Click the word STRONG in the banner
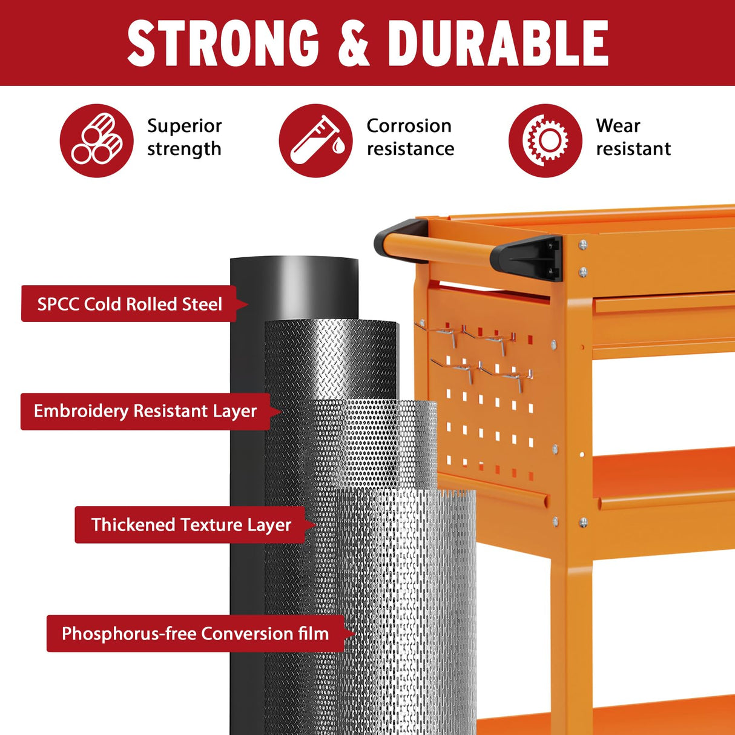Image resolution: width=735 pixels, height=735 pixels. (x=223, y=43)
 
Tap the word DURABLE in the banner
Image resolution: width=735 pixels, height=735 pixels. (x=498, y=43)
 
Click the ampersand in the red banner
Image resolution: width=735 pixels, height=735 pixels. (x=353, y=43)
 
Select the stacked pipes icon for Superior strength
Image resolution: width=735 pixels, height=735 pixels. (x=97, y=140)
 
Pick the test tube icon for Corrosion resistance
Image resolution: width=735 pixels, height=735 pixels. (x=315, y=140)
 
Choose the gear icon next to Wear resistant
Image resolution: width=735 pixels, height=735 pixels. (x=545, y=140)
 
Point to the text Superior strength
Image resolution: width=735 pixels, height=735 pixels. (x=184, y=137)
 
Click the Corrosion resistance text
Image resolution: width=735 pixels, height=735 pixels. (x=410, y=137)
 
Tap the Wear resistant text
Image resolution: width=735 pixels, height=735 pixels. (x=633, y=137)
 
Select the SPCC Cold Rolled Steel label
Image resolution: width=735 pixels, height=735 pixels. (x=129, y=304)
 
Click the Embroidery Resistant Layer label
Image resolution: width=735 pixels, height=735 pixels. (x=145, y=411)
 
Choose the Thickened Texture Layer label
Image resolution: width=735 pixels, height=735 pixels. (x=191, y=525)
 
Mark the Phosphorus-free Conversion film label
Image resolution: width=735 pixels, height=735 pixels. (x=195, y=634)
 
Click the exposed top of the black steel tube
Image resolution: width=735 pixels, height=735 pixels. (x=294, y=285)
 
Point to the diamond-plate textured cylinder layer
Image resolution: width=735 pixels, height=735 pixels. (x=331, y=357)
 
